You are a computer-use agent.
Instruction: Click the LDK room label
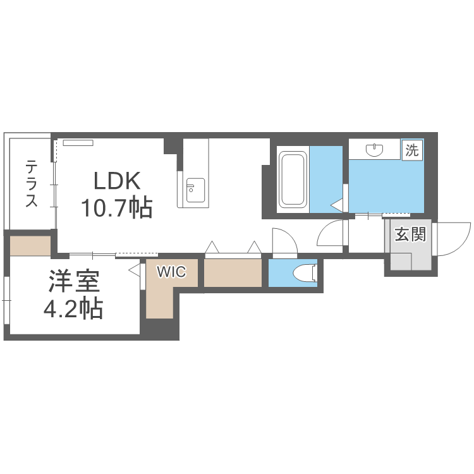tap(116, 182)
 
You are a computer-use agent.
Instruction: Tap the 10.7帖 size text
tap(116, 207)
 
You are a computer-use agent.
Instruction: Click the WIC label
tap(171, 272)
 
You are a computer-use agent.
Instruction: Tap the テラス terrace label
tap(31, 183)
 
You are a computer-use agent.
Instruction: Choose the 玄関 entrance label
tap(410, 234)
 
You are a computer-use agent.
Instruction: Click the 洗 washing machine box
tap(413, 150)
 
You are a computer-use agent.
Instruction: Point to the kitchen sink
tap(195, 188)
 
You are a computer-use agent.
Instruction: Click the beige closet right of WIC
tap(232, 273)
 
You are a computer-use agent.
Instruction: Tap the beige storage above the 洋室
tap(30, 245)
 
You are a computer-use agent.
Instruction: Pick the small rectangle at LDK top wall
tap(78, 142)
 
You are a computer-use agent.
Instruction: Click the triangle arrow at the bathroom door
tap(337, 205)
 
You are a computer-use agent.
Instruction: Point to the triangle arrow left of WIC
tap(135, 270)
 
